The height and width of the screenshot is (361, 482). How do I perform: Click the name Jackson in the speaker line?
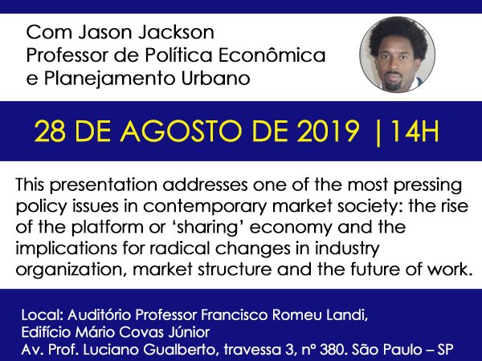coord(176,32)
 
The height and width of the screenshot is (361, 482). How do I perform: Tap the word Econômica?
coord(272,55)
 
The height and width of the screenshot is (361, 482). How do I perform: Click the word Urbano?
coord(215,79)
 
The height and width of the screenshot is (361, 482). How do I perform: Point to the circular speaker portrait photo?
coord(397,55)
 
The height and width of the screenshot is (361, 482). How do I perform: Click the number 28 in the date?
coord(50,131)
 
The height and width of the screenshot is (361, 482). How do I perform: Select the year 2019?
coord(328,131)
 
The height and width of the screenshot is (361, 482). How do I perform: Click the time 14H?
coord(411,131)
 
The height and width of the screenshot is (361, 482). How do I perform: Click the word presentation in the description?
coord(104,186)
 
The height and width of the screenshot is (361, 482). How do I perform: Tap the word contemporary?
coord(204,207)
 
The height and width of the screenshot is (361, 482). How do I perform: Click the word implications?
coord(66,249)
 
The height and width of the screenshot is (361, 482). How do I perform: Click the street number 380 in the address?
coord(332,349)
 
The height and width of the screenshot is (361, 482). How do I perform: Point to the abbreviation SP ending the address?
coord(445,349)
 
